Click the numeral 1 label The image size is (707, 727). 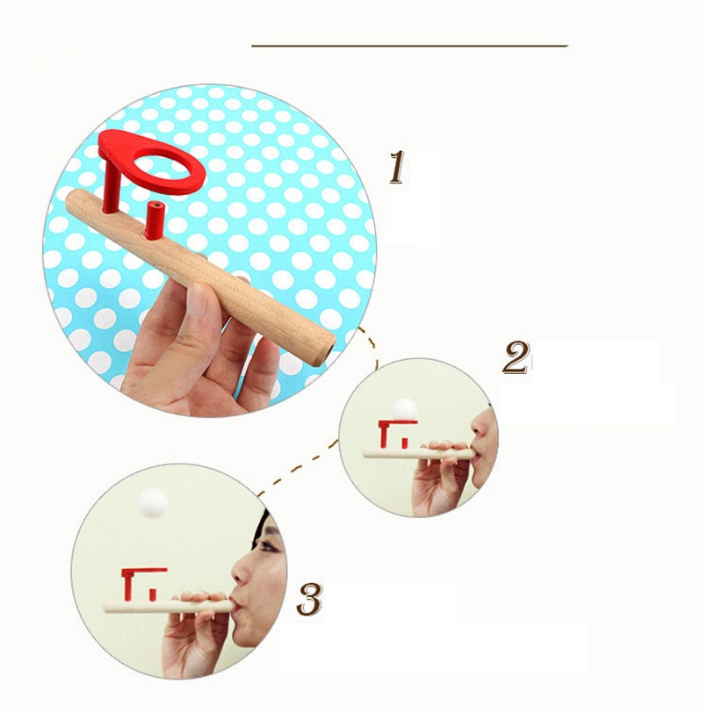coord(397,168)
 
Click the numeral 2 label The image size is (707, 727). coord(516,357)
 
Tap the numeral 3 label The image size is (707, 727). coord(309,599)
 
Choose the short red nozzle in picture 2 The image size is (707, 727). coord(404,443)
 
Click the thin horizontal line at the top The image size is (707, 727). coord(409,46)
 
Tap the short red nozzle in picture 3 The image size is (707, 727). coord(152,594)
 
